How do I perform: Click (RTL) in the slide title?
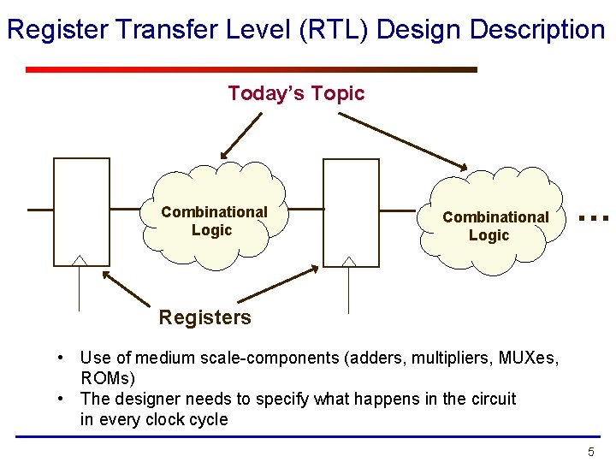[x=333, y=30]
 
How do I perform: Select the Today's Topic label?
[x=297, y=93]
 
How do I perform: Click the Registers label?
[x=204, y=317]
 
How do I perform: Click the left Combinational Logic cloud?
[x=214, y=216]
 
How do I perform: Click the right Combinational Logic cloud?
[x=492, y=221]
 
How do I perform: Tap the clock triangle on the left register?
[x=80, y=260]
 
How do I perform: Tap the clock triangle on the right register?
[x=349, y=262]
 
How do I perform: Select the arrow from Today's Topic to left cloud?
[x=241, y=136]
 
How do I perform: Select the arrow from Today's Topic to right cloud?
[x=403, y=141]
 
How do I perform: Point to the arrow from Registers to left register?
[x=126, y=289]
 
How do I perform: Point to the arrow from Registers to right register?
[x=278, y=284]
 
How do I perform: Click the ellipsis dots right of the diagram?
[x=594, y=218]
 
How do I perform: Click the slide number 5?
[x=591, y=452]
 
